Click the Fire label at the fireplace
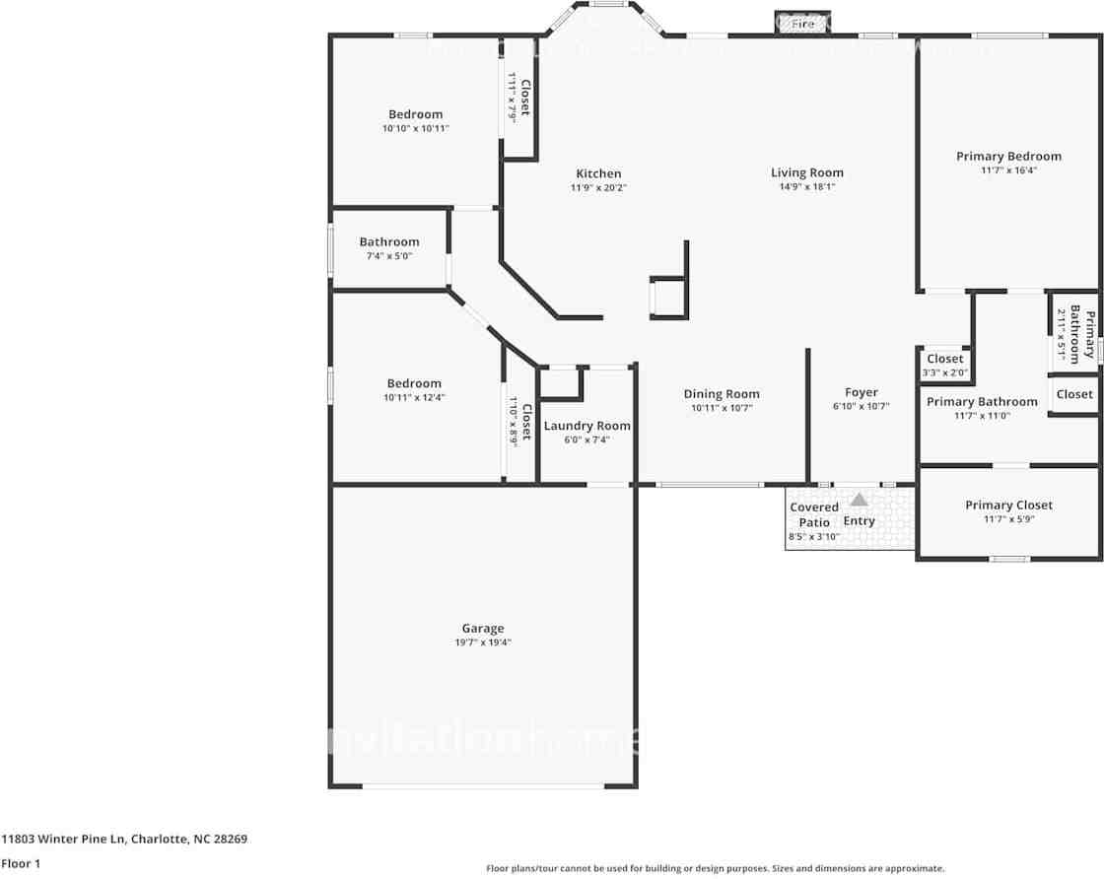[x=803, y=23]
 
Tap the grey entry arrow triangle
[x=860, y=500]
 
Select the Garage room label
[x=483, y=628]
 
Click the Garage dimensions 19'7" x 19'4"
[x=483, y=642]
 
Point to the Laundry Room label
[x=586, y=426]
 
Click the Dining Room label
[x=722, y=394]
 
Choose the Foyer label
[x=861, y=392]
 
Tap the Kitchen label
[x=598, y=173]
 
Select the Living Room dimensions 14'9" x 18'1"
[x=806, y=187]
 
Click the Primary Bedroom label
[x=1008, y=156]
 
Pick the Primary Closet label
[x=1008, y=505]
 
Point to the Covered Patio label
[x=814, y=514]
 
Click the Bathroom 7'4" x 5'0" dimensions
[x=388, y=256]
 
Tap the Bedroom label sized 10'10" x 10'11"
[x=415, y=114]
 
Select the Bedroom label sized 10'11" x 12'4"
[x=414, y=383]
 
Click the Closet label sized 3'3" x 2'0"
[x=944, y=359]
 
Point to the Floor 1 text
[x=21, y=863]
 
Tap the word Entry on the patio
[x=860, y=521]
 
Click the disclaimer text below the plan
[x=715, y=868]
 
